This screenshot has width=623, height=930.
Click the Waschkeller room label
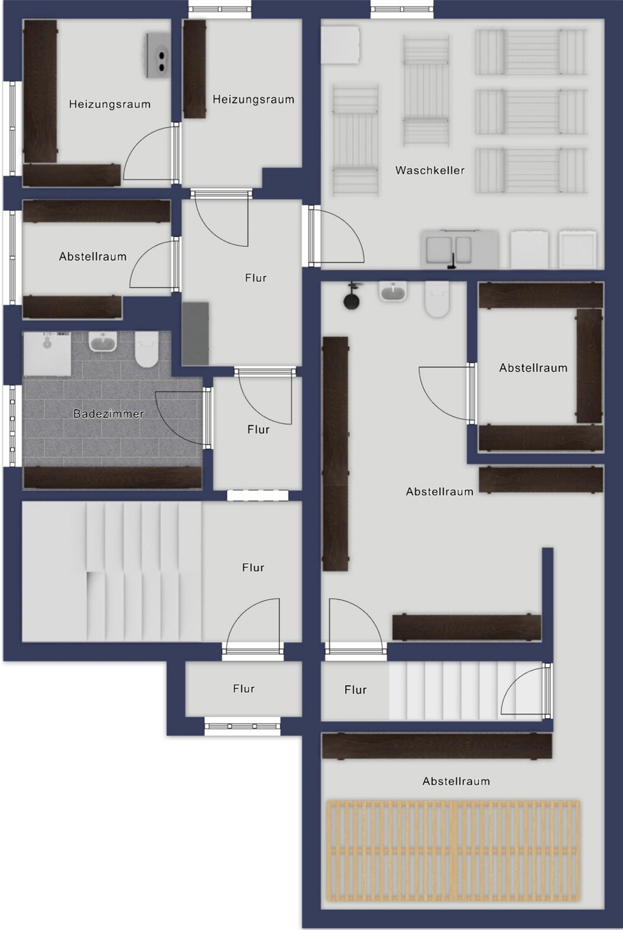click(430, 170)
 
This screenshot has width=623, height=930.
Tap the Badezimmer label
click(109, 414)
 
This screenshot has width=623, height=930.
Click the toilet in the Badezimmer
click(146, 349)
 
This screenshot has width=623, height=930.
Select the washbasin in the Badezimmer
click(103, 342)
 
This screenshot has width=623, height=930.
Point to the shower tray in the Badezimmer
click(47, 354)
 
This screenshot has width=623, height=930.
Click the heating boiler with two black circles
click(158, 55)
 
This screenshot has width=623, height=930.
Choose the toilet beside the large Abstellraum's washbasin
click(437, 299)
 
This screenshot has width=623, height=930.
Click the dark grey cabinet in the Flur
click(195, 334)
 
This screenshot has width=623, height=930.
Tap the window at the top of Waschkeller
click(402, 9)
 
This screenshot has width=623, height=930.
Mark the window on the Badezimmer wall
click(12, 426)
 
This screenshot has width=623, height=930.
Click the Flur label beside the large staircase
click(253, 567)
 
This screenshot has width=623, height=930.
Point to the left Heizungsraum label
click(110, 104)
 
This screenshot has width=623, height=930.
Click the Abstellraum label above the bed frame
click(456, 781)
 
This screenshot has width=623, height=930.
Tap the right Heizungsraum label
click(254, 100)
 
